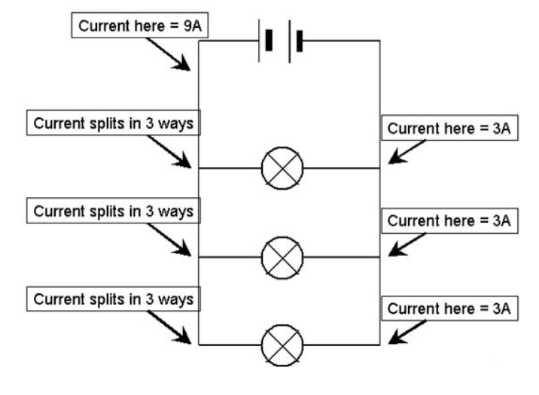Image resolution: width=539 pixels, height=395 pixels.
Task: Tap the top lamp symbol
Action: click(282, 168)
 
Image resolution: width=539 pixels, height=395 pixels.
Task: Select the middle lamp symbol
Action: click(282, 257)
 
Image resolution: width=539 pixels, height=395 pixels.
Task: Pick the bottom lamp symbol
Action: click(282, 345)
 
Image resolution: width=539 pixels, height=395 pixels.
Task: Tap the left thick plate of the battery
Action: click(269, 41)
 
